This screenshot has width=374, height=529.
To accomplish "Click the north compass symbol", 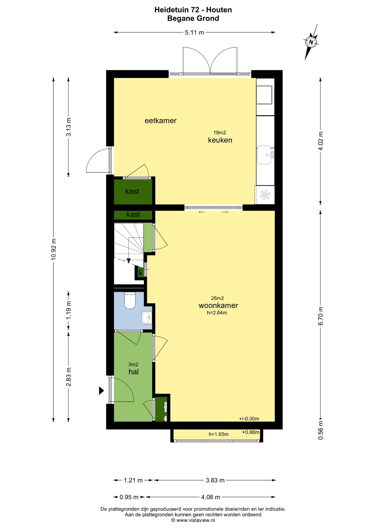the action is pos(311,42).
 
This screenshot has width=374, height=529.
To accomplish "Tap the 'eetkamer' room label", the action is pos(160,121).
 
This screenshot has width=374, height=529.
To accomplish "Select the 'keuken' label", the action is pos(220,140).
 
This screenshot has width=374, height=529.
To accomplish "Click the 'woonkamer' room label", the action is pos(218,305).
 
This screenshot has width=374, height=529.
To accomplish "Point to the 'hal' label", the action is pos(134,372).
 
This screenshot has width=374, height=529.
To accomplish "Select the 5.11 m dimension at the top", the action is pos(194,33).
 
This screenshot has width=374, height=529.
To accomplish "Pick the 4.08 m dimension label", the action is pos(211,497).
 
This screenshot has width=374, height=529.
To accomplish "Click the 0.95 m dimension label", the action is pos(129,497).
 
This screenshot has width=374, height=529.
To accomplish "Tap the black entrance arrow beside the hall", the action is pos(102,391).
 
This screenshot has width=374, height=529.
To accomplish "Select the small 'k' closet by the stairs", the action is pos(141,273).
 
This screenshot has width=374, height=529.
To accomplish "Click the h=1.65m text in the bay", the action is pos(219,434).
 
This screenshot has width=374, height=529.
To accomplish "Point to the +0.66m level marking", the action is pos(251,432).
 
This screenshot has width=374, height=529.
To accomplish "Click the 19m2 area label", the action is pos(220,133).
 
